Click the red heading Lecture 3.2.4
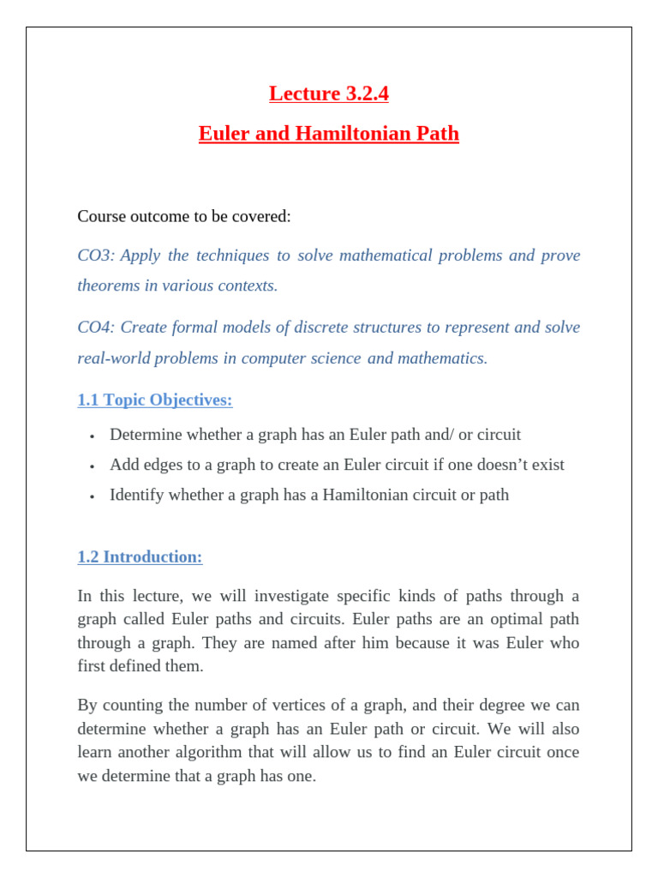pyautogui.click(x=328, y=93)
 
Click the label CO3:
pyautogui.click(x=96, y=256)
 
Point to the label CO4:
pyautogui.click(x=96, y=328)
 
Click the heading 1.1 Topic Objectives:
pyautogui.click(x=155, y=400)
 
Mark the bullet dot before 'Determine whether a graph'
pyautogui.click(x=91, y=436)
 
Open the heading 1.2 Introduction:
pyautogui.click(x=140, y=557)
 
